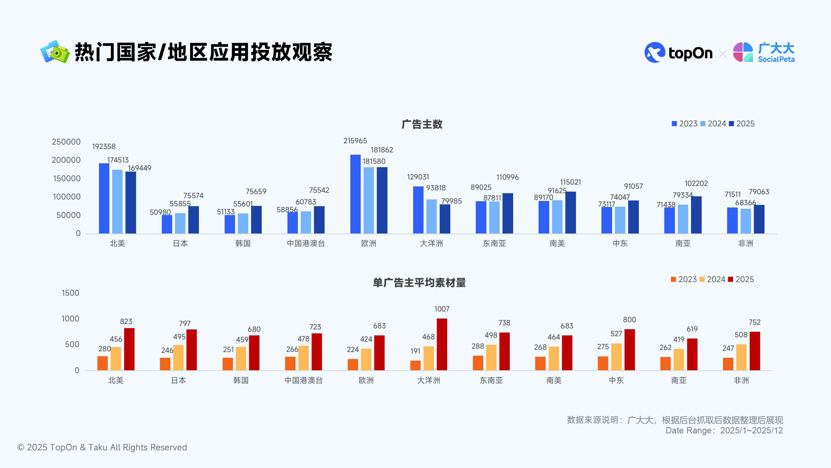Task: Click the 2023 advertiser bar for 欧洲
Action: (x=355, y=194)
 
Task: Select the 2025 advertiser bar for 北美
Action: (x=131, y=203)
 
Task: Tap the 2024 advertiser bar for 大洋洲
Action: (x=431, y=216)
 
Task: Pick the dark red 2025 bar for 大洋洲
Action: (x=442, y=344)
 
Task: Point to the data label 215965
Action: (x=355, y=141)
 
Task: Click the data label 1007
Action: (x=442, y=309)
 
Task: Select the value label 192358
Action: (x=104, y=147)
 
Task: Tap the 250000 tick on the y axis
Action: (x=66, y=142)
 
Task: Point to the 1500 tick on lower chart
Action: (x=70, y=293)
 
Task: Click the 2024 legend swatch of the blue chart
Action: (x=703, y=124)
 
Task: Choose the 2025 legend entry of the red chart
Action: (x=741, y=279)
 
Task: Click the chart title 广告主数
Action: (x=422, y=124)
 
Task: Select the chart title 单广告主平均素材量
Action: (x=419, y=283)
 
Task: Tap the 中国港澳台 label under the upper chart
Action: (x=306, y=243)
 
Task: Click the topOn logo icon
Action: (x=654, y=52)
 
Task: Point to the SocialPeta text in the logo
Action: (x=776, y=60)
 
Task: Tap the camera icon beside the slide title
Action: (x=55, y=52)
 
